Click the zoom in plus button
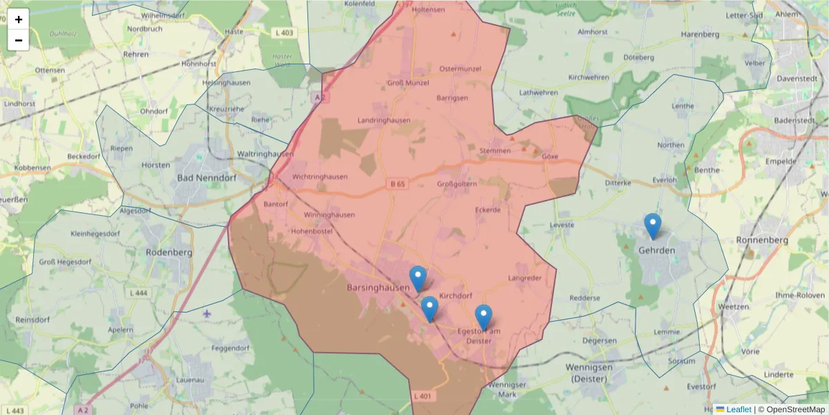pyautogui.click(x=19, y=19)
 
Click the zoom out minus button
pyautogui.click(x=19, y=40)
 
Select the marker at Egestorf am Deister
pyautogui.click(x=484, y=317)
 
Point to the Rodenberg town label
pyautogui.click(x=169, y=252)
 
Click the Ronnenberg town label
pyautogui.click(x=763, y=240)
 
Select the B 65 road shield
pyautogui.click(x=397, y=184)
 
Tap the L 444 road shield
pyautogui.click(x=139, y=293)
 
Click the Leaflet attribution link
pyautogui.click(x=738, y=409)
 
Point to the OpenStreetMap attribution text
pyautogui.click(x=795, y=409)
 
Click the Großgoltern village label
pyautogui.click(x=457, y=184)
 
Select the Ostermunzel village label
pyautogui.click(x=459, y=68)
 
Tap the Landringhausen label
pyautogui.click(x=383, y=120)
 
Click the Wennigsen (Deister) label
pyautogui.click(x=589, y=372)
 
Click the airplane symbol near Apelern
pyautogui.click(x=207, y=314)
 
